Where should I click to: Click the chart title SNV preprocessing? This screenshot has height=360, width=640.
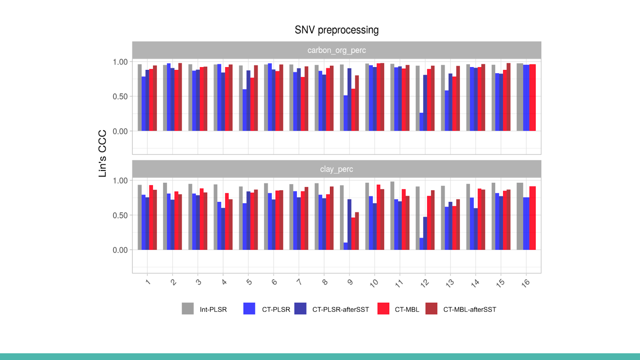click(336, 30)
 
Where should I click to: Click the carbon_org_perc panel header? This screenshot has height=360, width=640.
click(336, 50)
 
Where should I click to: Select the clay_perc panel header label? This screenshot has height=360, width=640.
click(336, 169)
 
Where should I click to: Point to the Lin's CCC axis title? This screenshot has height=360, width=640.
click(102, 153)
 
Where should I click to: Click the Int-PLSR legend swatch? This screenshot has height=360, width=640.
click(188, 308)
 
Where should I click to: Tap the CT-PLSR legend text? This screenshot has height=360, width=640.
click(276, 310)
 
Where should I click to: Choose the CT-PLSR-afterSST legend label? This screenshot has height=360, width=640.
click(340, 310)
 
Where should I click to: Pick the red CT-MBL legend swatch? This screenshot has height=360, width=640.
click(383, 308)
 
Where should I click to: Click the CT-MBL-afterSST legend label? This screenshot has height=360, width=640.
click(470, 310)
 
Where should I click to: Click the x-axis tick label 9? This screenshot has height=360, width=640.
click(350, 282)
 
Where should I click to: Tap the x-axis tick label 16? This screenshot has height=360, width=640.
click(526, 283)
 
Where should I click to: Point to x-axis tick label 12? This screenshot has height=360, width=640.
click(424, 283)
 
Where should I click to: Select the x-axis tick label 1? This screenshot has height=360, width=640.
click(148, 282)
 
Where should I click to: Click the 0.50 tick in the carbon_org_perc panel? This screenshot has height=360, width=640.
click(120, 96)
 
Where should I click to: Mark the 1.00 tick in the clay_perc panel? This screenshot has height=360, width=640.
click(120, 181)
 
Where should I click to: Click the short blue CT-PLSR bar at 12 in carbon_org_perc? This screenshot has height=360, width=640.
click(422, 122)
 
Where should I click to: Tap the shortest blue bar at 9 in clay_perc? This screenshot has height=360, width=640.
click(346, 246)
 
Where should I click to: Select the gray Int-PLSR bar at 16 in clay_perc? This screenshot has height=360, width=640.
click(520, 216)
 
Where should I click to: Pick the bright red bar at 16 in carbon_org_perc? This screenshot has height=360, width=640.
click(532, 98)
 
